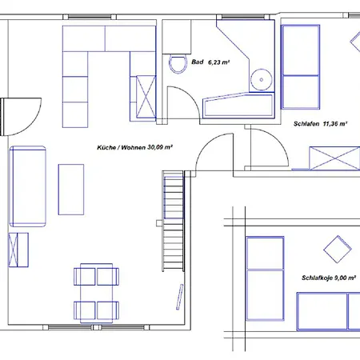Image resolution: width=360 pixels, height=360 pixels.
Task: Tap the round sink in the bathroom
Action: coord(259,78)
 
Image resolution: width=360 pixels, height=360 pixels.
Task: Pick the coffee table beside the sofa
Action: coord(71,190)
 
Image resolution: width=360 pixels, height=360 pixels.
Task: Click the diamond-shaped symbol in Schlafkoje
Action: coord(342,247)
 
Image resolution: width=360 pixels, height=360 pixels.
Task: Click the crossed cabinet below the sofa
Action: coord(17,248)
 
